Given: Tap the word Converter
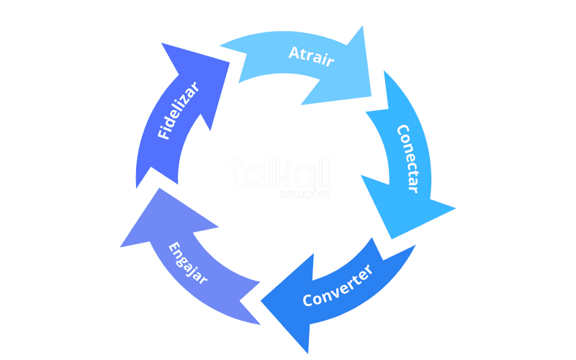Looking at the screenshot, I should click(x=338, y=287).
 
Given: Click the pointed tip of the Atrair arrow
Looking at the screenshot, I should click(x=371, y=96).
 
